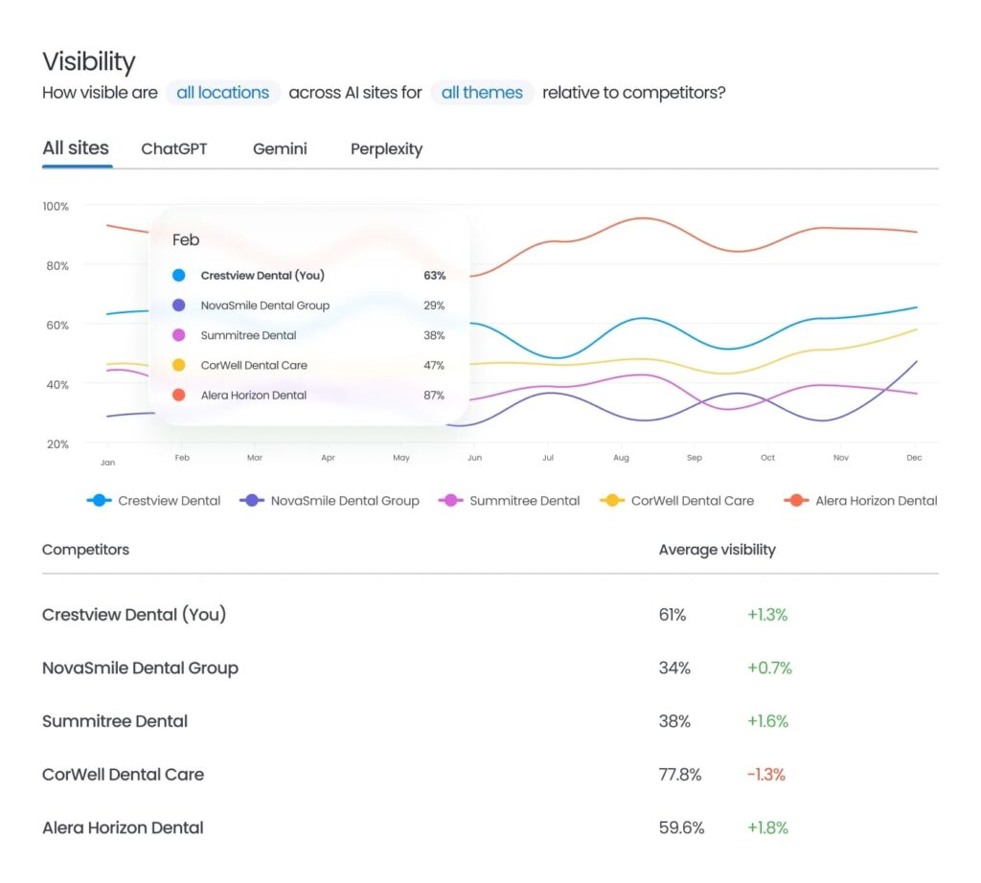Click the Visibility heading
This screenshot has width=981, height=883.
pos(89,62)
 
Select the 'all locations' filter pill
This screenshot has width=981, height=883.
pos(222,93)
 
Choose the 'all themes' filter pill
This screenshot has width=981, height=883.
pos(482,93)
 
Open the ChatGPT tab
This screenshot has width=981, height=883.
pos(173,149)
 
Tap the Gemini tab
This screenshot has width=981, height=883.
pos(280,149)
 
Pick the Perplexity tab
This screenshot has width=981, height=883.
pos(386,149)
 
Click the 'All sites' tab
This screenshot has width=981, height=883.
pos(76,148)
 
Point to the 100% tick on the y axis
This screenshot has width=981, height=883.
pos(56,207)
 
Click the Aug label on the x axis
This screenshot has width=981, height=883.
pos(621,459)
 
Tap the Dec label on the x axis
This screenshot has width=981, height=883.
pos(914,459)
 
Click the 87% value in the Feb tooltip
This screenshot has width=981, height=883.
pos(434,396)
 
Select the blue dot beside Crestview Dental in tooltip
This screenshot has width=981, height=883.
pos(179,276)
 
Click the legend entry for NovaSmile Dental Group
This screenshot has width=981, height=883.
pos(331,501)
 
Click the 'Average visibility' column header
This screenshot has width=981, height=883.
pos(717,550)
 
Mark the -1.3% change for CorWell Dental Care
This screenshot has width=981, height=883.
pos(765,775)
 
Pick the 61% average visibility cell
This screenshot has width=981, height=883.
pos(673,615)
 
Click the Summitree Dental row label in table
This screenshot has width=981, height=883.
pos(115,721)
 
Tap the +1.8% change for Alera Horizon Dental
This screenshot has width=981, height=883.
pos(767,828)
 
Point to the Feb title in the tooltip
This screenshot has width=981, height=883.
pos(186,240)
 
